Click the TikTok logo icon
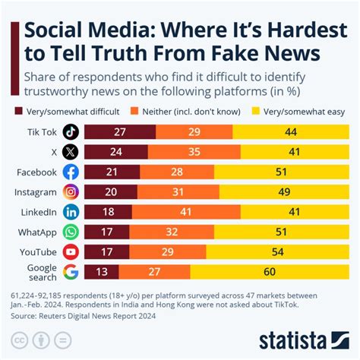[x=71, y=131]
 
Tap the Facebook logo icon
[x=71, y=172]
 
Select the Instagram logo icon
[x=71, y=192]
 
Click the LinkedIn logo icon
[x=71, y=212]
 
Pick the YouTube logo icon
[x=71, y=252]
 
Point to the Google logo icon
[x=71, y=272]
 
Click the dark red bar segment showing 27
[x=118, y=131]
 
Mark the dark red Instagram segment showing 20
[x=109, y=192]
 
